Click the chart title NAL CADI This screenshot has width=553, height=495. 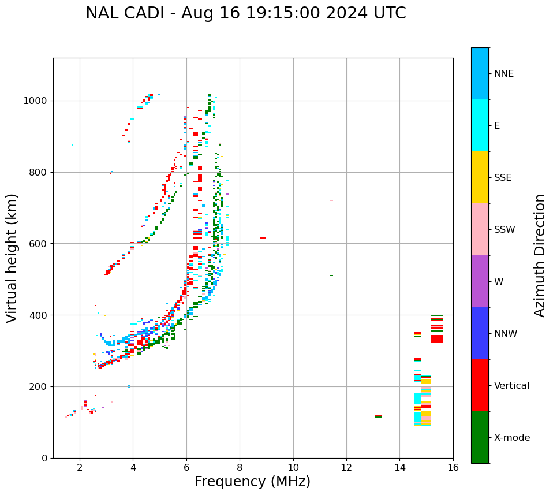[245, 13]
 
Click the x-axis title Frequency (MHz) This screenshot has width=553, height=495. [252, 482]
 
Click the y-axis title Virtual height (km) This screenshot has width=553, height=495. [12, 258]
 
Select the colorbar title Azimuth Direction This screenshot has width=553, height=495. [540, 255]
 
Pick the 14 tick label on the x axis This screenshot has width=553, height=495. [399, 468]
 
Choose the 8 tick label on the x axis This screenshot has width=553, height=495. [240, 468]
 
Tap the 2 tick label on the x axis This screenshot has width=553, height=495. [80, 468]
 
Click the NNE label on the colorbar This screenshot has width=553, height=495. [504, 74]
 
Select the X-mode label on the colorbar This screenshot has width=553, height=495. [512, 438]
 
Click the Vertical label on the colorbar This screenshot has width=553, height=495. [512, 386]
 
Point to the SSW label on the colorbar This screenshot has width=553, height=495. [505, 230]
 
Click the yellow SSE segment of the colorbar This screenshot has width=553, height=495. [480, 177]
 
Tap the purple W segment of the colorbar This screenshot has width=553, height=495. [480, 281]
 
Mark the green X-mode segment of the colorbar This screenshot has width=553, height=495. [480, 437]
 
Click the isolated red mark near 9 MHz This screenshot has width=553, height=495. [263, 238]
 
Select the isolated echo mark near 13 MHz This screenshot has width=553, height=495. [378, 416]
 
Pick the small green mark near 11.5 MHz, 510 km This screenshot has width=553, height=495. [331, 276]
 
